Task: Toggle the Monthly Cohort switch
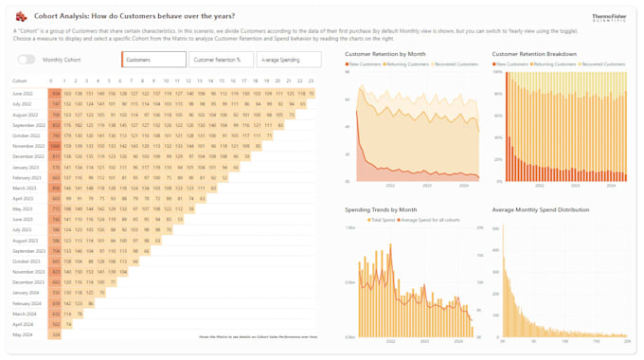pyautogui.click(x=27, y=60)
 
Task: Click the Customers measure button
pyautogui.click(x=153, y=60)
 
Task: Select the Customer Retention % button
pyautogui.click(x=217, y=60)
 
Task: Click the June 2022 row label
pyautogui.click(x=23, y=94)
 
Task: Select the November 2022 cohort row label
pyautogui.click(x=28, y=146)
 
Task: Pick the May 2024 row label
pyautogui.click(x=23, y=334)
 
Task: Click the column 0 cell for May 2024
pyautogui.click(x=56, y=334)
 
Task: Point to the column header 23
pyautogui.click(x=311, y=81)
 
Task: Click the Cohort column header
pyautogui.click(x=20, y=81)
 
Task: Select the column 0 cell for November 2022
pyautogui.click(x=56, y=146)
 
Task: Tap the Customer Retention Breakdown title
pyautogui.click(x=534, y=54)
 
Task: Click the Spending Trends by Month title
pyautogui.click(x=380, y=209)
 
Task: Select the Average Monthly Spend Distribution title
pyautogui.click(x=540, y=209)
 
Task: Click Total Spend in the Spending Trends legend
pyautogui.click(x=382, y=220)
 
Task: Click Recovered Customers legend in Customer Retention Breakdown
pyautogui.click(x=603, y=64)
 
